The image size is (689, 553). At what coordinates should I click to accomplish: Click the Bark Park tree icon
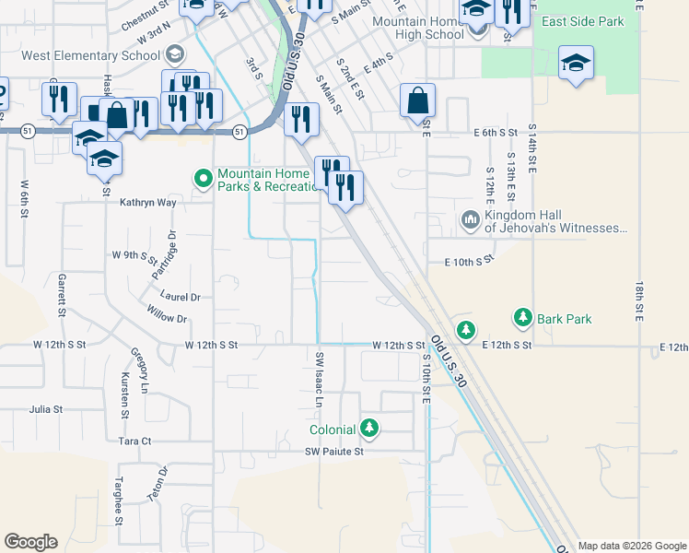pyautogui.click(x=523, y=319)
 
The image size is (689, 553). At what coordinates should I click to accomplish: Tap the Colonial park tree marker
pyautogui.click(x=369, y=429)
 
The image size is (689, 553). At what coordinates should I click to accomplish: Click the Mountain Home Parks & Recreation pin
pyautogui.click(x=202, y=176)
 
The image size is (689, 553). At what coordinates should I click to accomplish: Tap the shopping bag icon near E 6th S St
pyautogui.click(x=417, y=100)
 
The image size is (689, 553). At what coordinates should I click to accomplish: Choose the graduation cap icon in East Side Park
pyautogui.click(x=576, y=63)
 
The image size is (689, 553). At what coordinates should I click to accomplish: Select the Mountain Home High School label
pyautogui.click(x=416, y=28)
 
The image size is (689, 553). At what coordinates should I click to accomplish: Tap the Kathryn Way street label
pyautogui.click(x=147, y=203)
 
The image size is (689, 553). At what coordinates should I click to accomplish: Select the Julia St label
pyautogui.click(x=45, y=408)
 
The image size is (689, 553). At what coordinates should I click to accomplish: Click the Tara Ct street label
pyautogui.click(x=134, y=441)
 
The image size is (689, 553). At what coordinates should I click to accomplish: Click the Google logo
pyautogui.click(x=30, y=542)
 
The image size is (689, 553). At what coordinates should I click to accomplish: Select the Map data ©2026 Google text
pyautogui.click(x=632, y=546)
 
